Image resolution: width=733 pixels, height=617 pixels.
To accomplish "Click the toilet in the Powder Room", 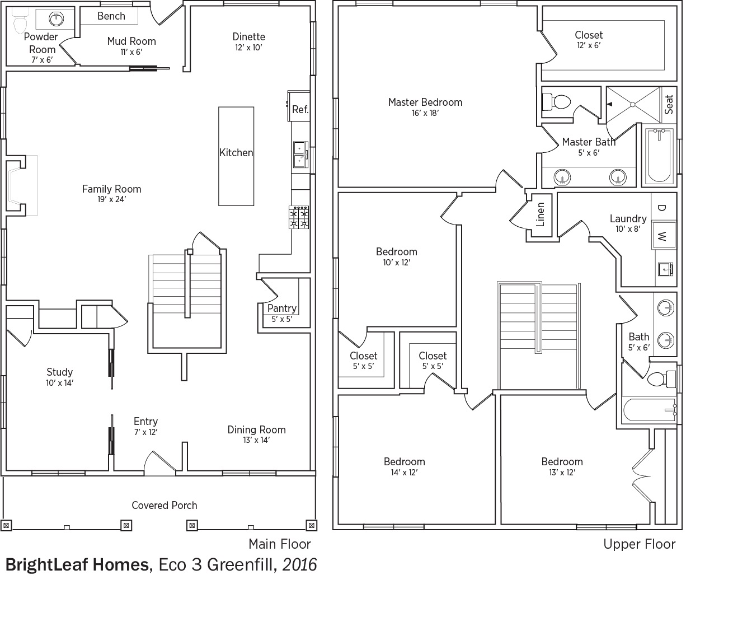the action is (x=20, y=20).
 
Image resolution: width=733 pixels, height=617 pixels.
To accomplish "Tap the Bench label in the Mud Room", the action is (x=111, y=16).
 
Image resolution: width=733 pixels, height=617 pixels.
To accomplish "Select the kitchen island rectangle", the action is (x=236, y=156).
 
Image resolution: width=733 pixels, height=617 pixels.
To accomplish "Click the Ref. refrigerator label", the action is (x=300, y=110).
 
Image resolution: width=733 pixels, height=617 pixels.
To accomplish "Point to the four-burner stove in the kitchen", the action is (x=299, y=217).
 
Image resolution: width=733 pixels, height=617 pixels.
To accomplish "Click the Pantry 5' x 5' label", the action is (x=282, y=314).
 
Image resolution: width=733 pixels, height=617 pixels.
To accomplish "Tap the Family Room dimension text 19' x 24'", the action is (x=112, y=199).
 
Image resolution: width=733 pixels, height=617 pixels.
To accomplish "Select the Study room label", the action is (x=60, y=372).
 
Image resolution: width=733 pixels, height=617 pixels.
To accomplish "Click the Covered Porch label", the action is (x=165, y=505).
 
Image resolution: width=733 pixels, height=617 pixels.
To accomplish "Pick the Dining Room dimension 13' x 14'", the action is (x=256, y=440).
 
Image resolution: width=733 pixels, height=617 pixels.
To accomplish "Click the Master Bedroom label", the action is (x=425, y=102).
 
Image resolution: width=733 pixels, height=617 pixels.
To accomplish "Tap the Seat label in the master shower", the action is (x=669, y=104).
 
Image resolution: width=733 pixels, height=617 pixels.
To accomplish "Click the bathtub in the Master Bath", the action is (x=659, y=155).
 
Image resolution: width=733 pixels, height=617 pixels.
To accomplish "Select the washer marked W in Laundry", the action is (x=664, y=235).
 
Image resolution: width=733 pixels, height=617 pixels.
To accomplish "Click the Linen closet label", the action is (x=541, y=214).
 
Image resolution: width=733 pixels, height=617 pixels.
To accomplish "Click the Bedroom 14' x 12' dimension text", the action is (x=404, y=473).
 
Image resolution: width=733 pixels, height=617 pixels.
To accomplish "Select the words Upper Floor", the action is (x=639, y=544).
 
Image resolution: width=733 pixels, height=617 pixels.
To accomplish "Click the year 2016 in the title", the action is (x=299, y=565).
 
